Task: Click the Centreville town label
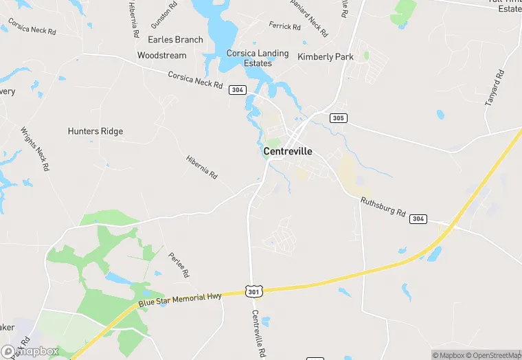point(288,151)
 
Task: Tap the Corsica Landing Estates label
point(258,58)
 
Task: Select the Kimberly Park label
point(325,57)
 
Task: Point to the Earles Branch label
point(175,40)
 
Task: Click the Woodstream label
point(161,55)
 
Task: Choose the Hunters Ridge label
point(95,131)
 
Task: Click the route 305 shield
point(338,118)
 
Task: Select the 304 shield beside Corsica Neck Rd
point(238,90)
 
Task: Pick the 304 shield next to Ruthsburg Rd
point(418,218)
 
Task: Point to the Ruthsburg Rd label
point(383,207)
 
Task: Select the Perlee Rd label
point(179,265)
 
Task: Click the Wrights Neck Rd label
point(34,148)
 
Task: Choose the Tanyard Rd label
point(495,87)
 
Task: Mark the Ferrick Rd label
point(285,27)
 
